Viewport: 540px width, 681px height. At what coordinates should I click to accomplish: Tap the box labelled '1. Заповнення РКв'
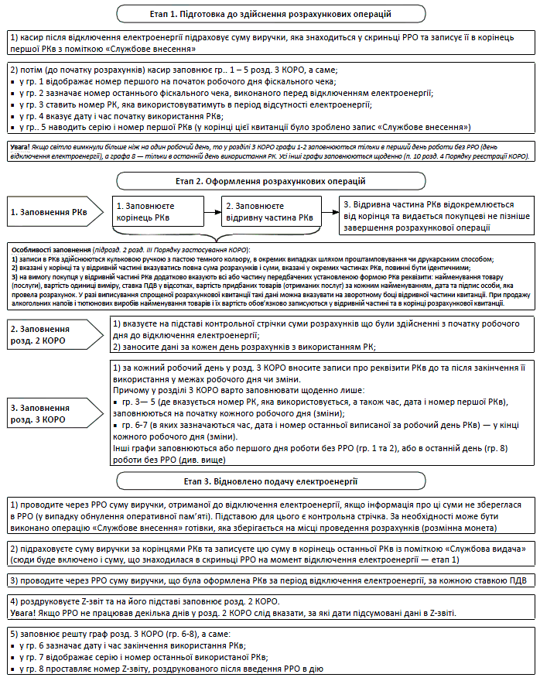coord(49,210)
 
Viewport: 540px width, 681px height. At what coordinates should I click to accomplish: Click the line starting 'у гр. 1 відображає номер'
coord(175,80)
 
